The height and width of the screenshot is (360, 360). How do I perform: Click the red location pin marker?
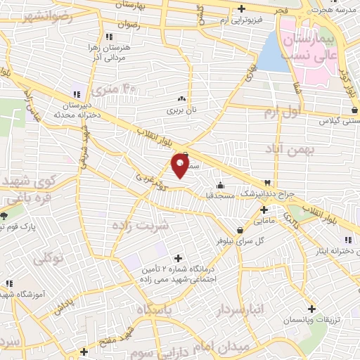tap(179, 165)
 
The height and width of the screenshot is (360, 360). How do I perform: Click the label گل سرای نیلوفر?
tap(260, 240)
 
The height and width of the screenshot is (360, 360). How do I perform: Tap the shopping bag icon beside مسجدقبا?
tap(221, 186)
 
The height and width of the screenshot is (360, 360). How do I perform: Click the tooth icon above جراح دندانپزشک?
tap(266, 182)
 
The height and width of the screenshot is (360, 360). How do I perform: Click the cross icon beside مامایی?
tap(264, 210)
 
